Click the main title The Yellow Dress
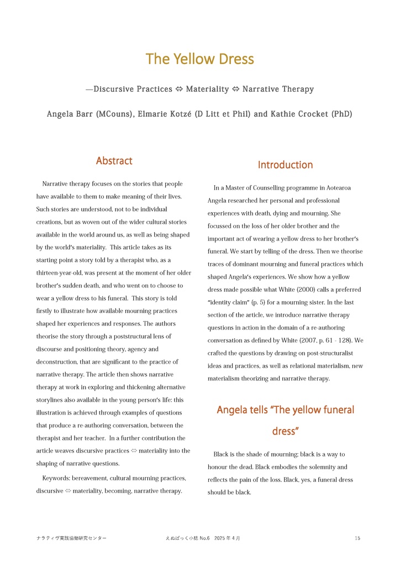tap(199, 59)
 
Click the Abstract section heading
tap(114, 161)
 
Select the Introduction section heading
tap(285, 165)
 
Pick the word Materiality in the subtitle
tap(207, 89)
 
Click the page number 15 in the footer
tap(357, 538)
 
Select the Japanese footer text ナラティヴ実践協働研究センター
tap(71, 538)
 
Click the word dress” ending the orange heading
tap(285, 431)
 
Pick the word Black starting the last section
tap(221, 454)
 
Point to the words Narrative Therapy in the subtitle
tap(278, 89)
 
